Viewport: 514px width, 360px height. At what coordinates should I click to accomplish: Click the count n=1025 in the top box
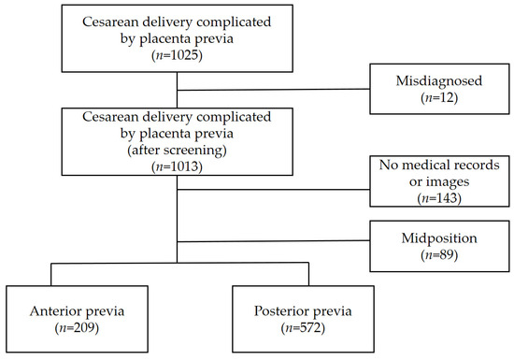[x=178, y=60]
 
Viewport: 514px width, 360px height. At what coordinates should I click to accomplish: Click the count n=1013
[x=178, y=167]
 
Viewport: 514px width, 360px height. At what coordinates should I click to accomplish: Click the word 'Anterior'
[x=60, y=308]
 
